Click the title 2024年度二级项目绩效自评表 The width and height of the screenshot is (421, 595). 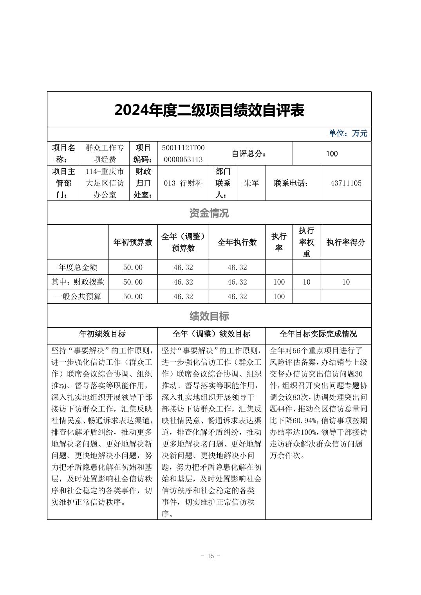(x=209, y=110)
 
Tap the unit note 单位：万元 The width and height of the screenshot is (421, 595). (x=348, y=133)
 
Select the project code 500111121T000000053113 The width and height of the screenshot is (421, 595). (x=183, y=153)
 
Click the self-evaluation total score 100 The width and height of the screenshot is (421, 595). (x=332, y=154)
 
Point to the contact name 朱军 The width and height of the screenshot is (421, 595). (x=251, y=183)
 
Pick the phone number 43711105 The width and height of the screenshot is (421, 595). (x=345, y=183)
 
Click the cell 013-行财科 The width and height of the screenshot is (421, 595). (x=183, y=183)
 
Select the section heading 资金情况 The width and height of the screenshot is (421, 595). (x=209, y=213)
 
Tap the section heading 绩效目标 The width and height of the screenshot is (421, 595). (x=209, y=316)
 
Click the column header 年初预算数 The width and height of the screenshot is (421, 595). (x=133, y=242)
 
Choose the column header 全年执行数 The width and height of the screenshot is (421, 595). (x=237, y=242)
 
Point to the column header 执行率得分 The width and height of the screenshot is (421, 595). (x=345, y=242)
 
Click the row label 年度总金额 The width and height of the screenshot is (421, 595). (x=78, y=267)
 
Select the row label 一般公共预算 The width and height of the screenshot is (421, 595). (x=78, y=296)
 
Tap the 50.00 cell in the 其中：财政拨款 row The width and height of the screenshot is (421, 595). (x=133, y=282)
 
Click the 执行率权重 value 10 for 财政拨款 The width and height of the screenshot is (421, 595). (x=306, y=282)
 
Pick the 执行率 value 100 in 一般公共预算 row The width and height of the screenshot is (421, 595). (x=279, y=296)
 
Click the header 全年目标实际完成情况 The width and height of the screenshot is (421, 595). (x=318, y=334)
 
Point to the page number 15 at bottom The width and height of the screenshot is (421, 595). (x=210, y=556)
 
